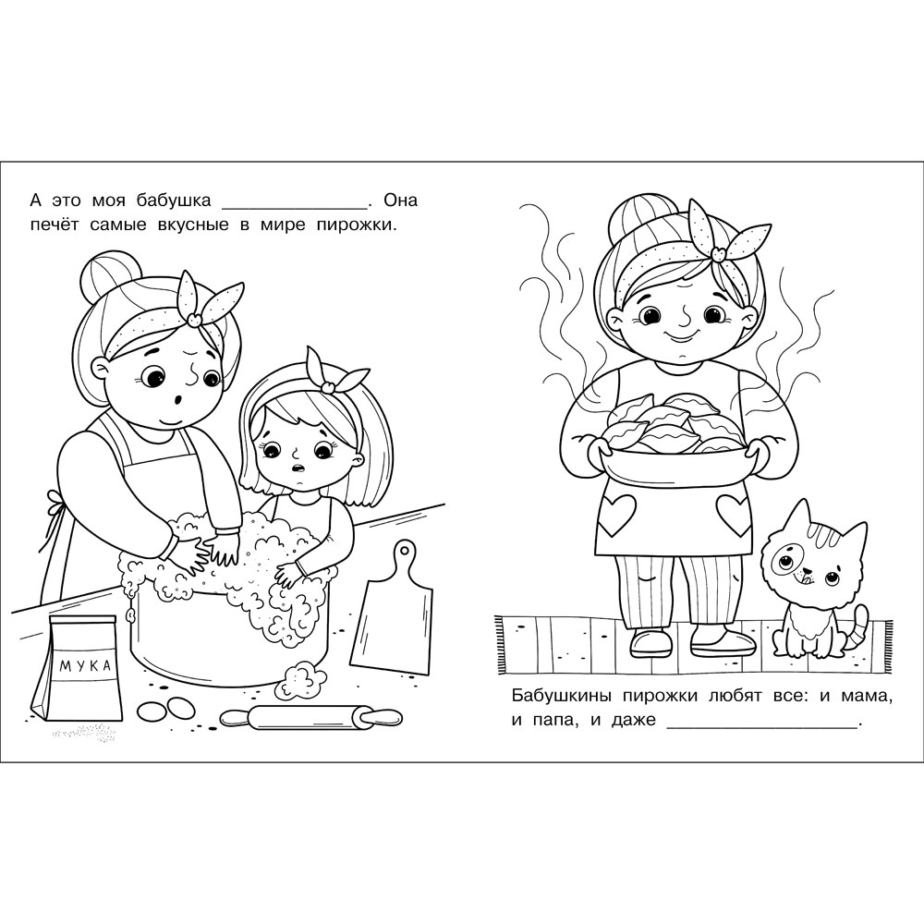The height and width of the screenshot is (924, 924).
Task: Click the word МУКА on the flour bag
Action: pyautogui.click(x=85, y=666)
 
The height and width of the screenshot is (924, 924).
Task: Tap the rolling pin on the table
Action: pyautogui.click(x=311, y=717)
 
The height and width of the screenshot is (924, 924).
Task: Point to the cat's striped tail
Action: pyautogui.click(x=858, y=630)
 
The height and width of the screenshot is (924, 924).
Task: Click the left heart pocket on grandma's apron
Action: pyautogui.click(x=617, y=515)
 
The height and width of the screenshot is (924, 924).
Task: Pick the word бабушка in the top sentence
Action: pyautogui.click(x=174, y=201)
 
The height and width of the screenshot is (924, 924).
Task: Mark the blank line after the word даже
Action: pyautogui.click(x=761, y=728)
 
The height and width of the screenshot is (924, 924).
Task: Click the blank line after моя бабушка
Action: pyautogui.click(x=294, y=207)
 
